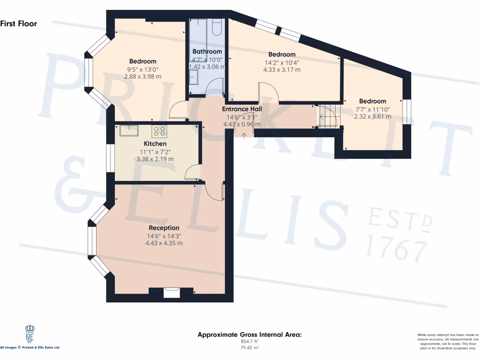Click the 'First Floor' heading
click(x=19, y=23)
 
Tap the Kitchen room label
click(x=155, y=143)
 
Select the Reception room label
click(x=164, y=228)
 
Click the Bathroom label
click(x=207, y=52)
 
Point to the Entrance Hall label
click(x=242, y=109)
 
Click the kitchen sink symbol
click(x=128, y=130)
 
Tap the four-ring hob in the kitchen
click(x=159, y=131)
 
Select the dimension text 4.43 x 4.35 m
click(x=164, y=243)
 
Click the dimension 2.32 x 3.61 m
click(x=373, y=116)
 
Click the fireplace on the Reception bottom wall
click(x=171, y=292)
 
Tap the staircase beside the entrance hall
click(x=328, y=116)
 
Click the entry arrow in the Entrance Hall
click(x=244, y=135)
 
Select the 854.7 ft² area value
click(x=249, y=342)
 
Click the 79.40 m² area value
click(x=249, y=347)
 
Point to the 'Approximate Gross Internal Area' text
click(x=249, y=335)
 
